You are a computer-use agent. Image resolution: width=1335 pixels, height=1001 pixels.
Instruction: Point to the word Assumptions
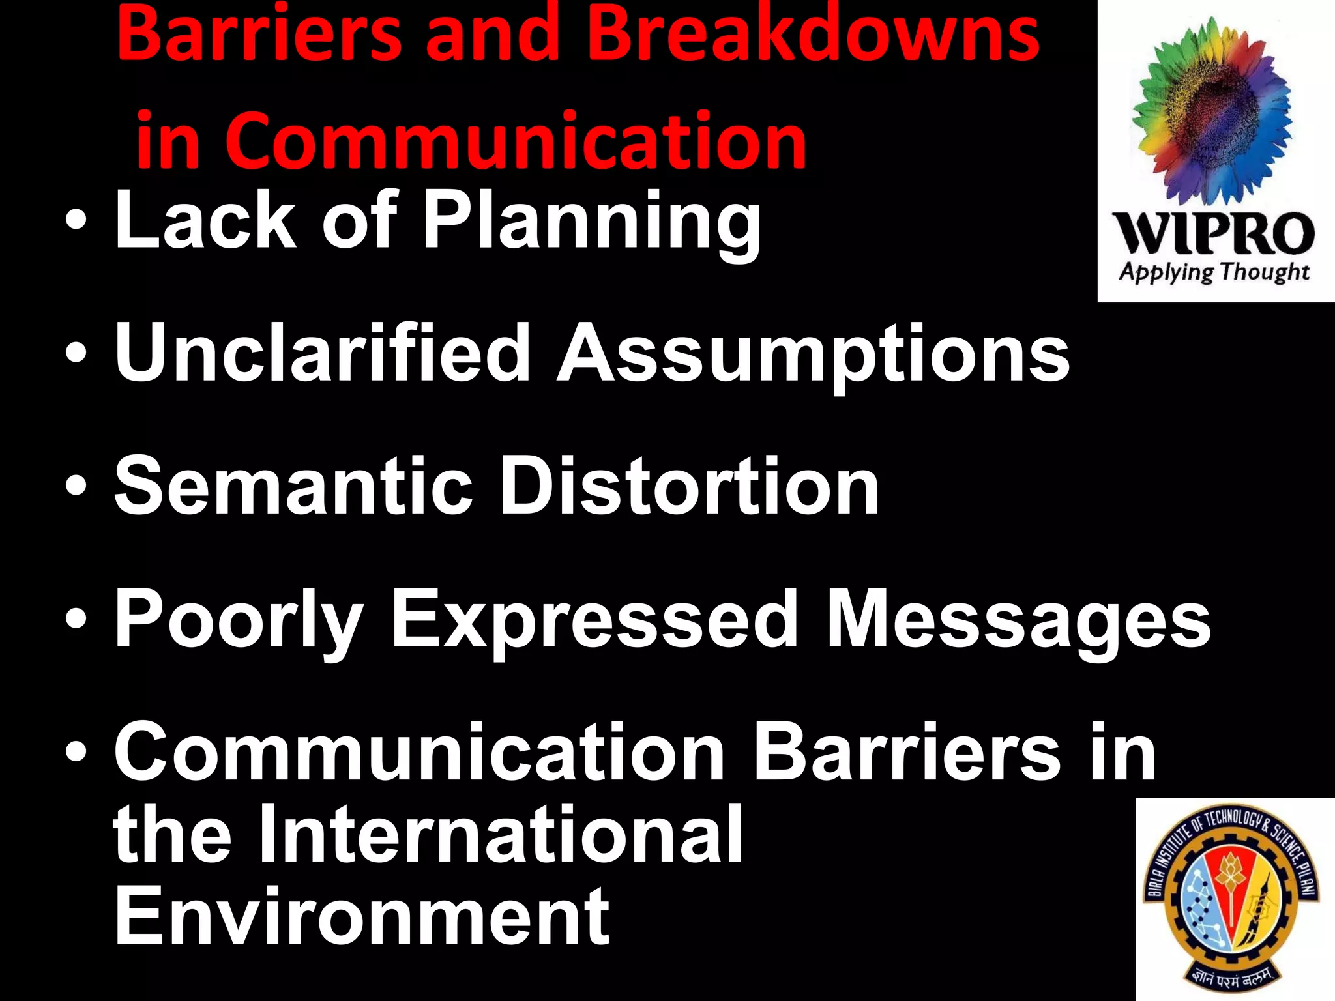coord(813,355)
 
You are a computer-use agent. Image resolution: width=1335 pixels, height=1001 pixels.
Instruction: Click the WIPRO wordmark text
coord(1214,233)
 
